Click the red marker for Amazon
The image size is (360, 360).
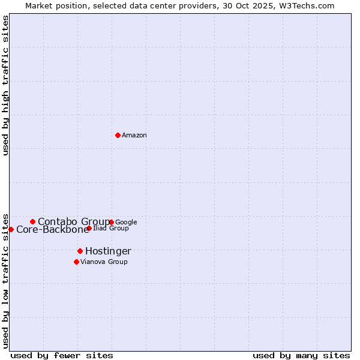(118, 135)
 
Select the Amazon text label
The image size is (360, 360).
(134, 136)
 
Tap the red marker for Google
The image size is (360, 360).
(112, 222)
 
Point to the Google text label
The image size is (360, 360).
(127, 223)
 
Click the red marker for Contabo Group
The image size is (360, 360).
(32, 221)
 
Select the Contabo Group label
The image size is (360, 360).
(73, 221)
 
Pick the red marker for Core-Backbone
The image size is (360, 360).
(11, 229)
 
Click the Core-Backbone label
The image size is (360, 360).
(52, 230)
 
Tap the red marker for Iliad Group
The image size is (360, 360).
(89, 228)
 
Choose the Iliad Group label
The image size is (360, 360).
(111, 229)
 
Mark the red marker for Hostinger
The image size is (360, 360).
(80, 251)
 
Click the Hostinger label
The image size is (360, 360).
(108, 251)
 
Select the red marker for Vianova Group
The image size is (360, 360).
(76, 262)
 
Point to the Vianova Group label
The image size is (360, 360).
(104, 262)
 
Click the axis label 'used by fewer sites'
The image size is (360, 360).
(62, 356)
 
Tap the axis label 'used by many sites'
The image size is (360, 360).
(301, 356)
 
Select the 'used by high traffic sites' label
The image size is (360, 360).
(5, 85)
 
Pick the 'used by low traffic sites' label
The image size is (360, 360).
(5, 280)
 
